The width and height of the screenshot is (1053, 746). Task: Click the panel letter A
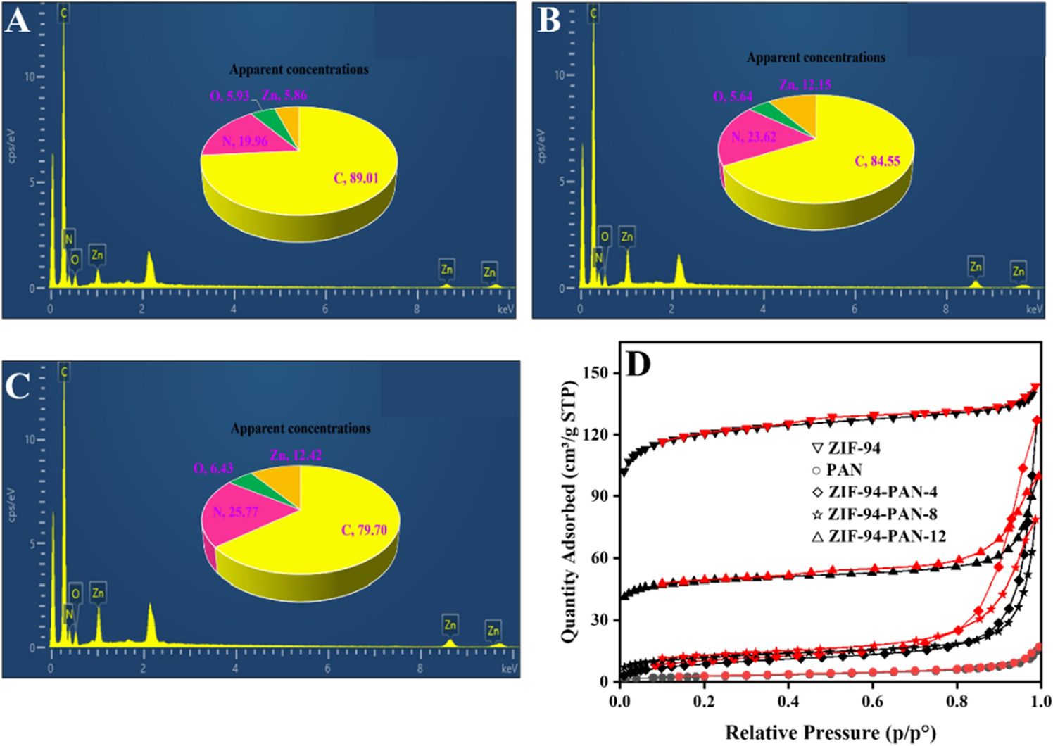[17, 20]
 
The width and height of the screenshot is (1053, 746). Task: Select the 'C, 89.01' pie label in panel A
[355, 178]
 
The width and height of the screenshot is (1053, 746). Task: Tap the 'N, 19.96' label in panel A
[245, 141]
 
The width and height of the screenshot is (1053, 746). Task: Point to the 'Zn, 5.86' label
[284, 95]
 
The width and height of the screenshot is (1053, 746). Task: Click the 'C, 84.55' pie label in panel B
[877, 161]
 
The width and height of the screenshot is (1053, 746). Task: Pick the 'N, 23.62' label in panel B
[754, 137]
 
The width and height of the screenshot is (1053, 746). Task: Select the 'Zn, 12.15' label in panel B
[805, 84]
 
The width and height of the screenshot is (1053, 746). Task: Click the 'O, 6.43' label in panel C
[213, 469]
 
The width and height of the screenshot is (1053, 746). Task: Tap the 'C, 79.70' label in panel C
[364, 530]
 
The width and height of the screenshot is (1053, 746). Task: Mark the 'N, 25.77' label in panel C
[236, 512]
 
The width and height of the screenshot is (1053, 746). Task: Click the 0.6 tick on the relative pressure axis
[872, 702]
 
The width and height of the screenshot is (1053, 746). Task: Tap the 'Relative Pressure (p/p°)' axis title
[831, 733]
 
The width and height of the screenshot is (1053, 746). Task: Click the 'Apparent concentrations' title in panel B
[816, 58]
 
